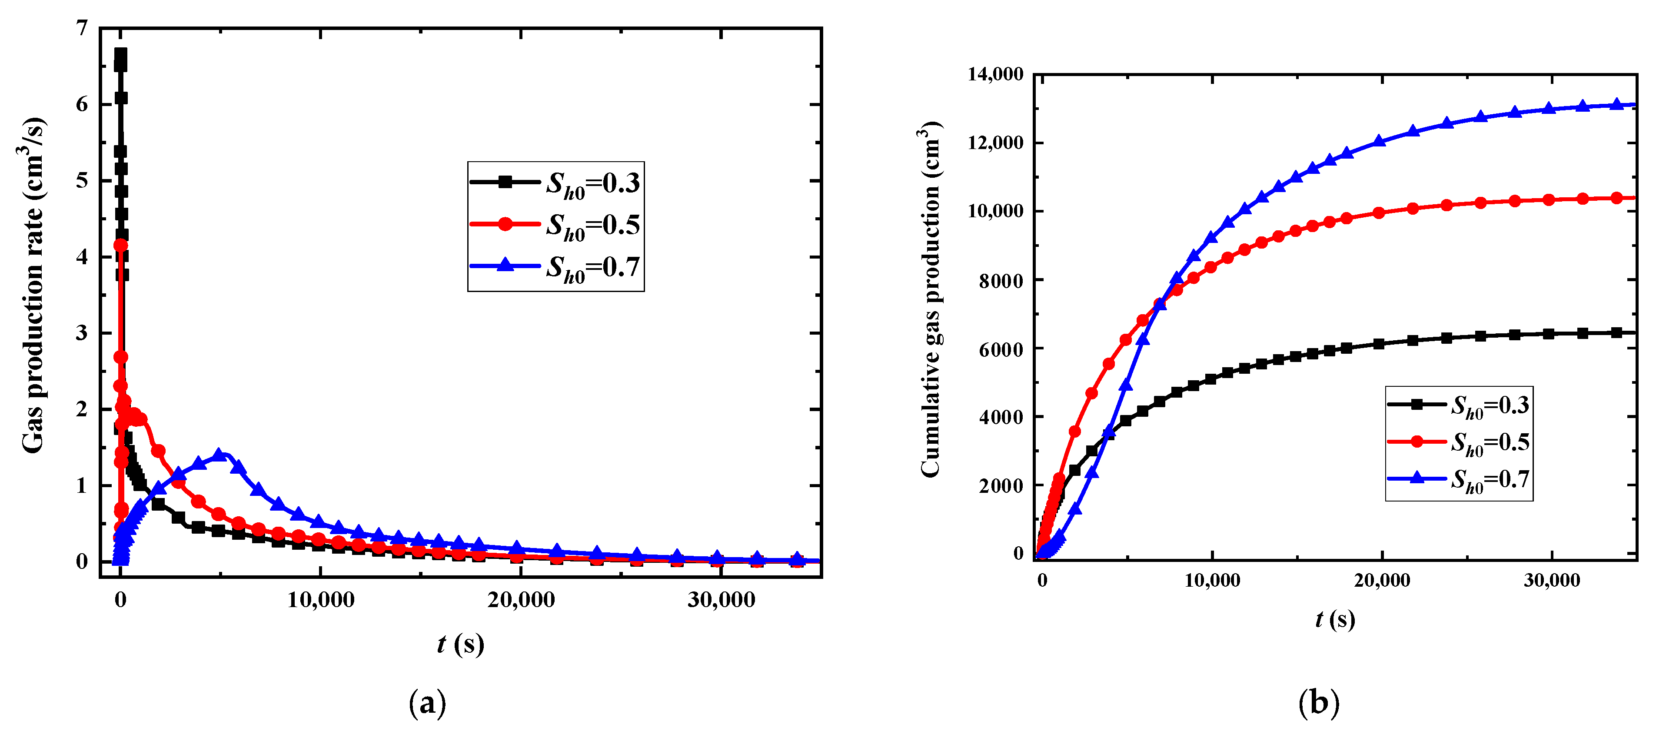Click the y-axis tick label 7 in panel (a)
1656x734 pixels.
[x=81, y=28]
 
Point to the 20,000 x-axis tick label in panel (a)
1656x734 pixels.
[x=521, y=600]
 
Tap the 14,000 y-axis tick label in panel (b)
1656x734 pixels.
[x=995, y=75]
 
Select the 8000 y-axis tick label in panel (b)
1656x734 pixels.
[x=1001, y=280]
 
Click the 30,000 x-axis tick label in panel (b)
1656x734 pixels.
[x=1551, y=581]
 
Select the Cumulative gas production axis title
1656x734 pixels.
[x=930, y=299]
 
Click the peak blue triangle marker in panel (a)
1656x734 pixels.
[x=219, y=455]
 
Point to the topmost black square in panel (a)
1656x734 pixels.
[x=120, y=54]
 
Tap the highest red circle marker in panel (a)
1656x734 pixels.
[x=120, y=245]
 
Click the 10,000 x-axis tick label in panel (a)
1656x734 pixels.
[x=320, y=600]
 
